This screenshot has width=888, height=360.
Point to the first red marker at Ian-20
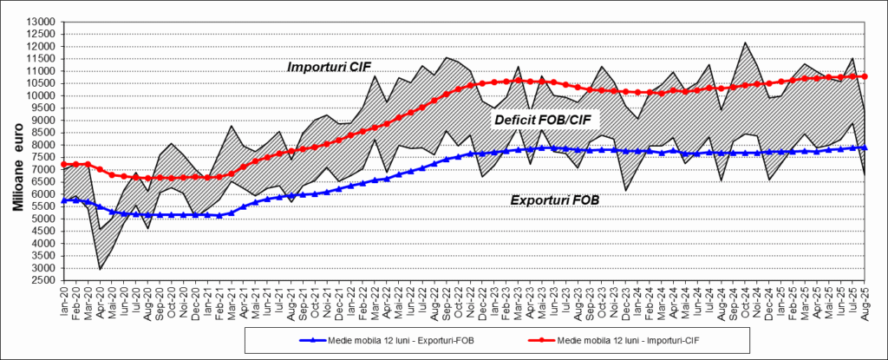click(65, 164)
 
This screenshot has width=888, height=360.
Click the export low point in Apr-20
click(101, 268)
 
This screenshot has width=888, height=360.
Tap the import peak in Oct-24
click(745, 43)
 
